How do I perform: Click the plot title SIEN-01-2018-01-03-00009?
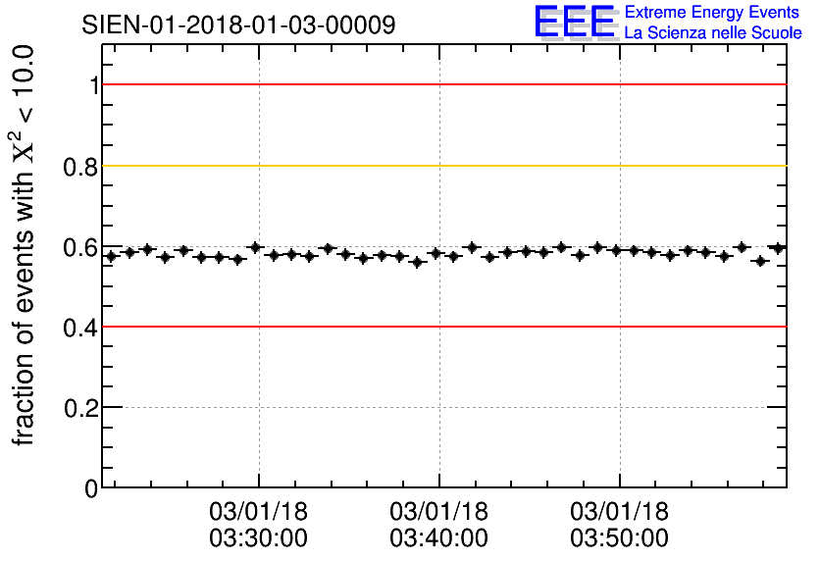pos(238,25)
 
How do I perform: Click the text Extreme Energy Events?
pos(713,13)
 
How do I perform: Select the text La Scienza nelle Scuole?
pos(713,32)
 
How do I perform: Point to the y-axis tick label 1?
pos(94,85)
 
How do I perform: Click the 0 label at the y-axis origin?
pos(92,487)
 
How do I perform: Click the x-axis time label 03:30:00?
pos(259,538)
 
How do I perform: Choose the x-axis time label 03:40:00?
pos(438,538)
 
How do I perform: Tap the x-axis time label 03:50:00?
pos(619,538)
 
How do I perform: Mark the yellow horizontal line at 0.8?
pos(441,166)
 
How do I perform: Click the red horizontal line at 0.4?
pos(441,326)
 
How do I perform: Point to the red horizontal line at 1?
pos(441,84)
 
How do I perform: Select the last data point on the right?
pos(778,248)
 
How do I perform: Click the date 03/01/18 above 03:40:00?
pos(438,512)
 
